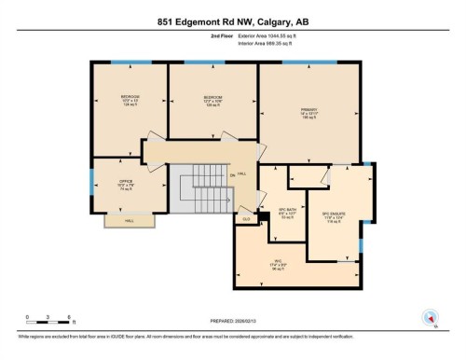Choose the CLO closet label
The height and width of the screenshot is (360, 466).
coord(246,219)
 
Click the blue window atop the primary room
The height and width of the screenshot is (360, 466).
coord(309,63)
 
